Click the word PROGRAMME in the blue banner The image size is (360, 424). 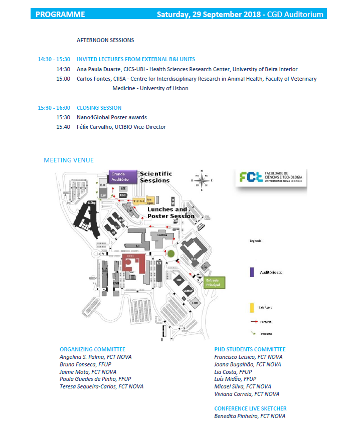pos(60,14)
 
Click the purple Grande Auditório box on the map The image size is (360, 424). pos(120,176)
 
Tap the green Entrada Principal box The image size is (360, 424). pos(214,282)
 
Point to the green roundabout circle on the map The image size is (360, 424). pos(171,255)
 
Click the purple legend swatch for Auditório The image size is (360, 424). pos(251,272)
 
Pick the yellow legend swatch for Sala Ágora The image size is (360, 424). pos(251,307)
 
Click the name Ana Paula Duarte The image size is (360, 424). pos(99,70)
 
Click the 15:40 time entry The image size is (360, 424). pos(63,127)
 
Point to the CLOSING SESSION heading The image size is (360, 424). pos(99,108)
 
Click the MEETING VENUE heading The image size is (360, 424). pos(69,160)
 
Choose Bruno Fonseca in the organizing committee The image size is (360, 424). pos(77,364)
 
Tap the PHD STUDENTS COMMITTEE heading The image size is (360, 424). pos(250,349)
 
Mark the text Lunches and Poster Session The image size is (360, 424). pos(170,213)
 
